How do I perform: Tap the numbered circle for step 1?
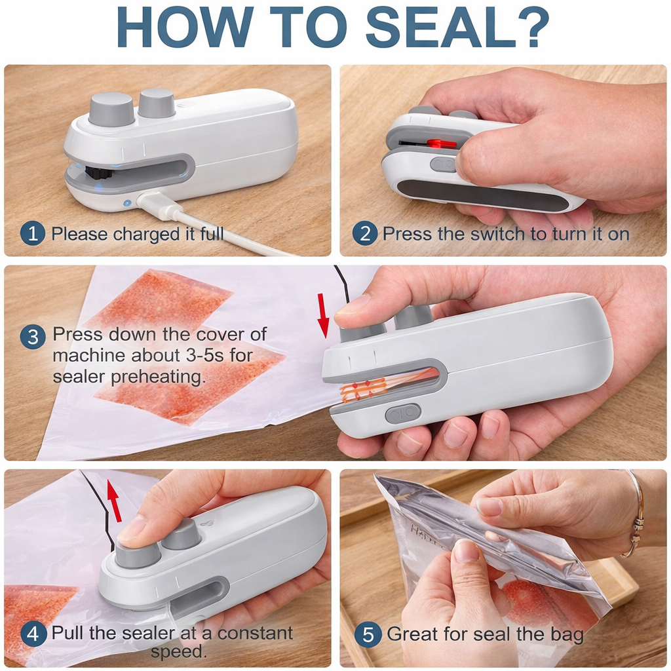(33, 233)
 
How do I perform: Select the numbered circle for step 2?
(364, 233)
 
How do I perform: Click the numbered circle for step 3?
(33, 337)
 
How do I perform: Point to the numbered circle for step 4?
(33, 634)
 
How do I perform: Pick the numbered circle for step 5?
(368, 634)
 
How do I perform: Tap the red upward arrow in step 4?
(114, 499)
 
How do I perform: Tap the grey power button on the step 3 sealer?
(402, 413)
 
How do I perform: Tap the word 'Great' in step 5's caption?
(412, 634)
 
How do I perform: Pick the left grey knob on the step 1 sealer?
(111, 108)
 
